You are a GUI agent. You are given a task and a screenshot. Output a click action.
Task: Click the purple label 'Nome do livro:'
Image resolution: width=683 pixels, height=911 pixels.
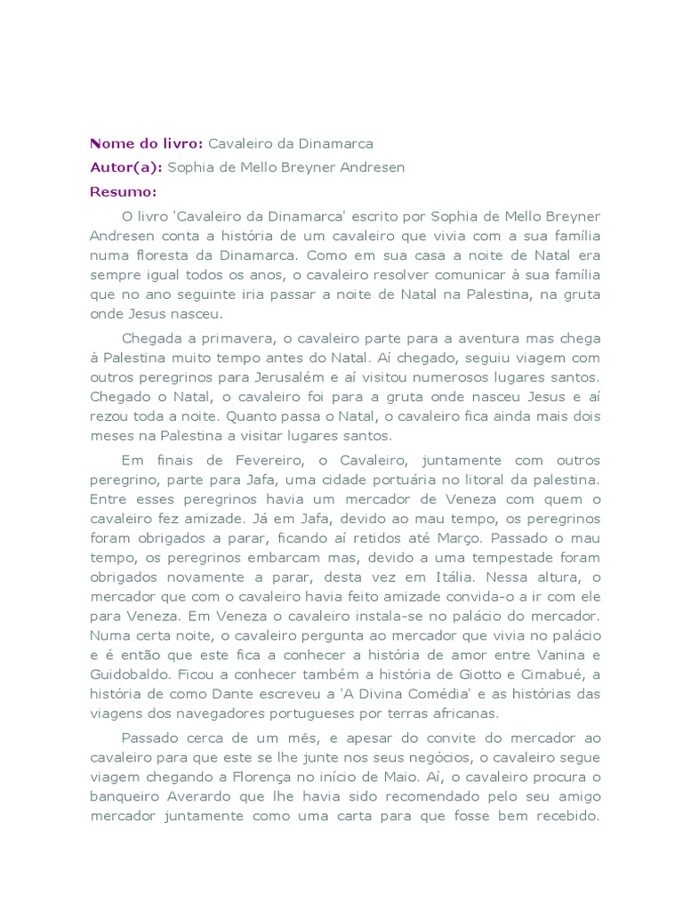point(147,143)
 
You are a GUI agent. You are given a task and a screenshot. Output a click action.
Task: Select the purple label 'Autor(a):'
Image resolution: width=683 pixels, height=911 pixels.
point(126,166)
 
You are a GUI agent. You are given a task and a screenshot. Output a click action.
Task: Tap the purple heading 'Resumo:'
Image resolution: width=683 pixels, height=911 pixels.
point(123,190)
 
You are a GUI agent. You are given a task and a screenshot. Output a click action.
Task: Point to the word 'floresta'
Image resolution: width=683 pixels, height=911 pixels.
point(166,254)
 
